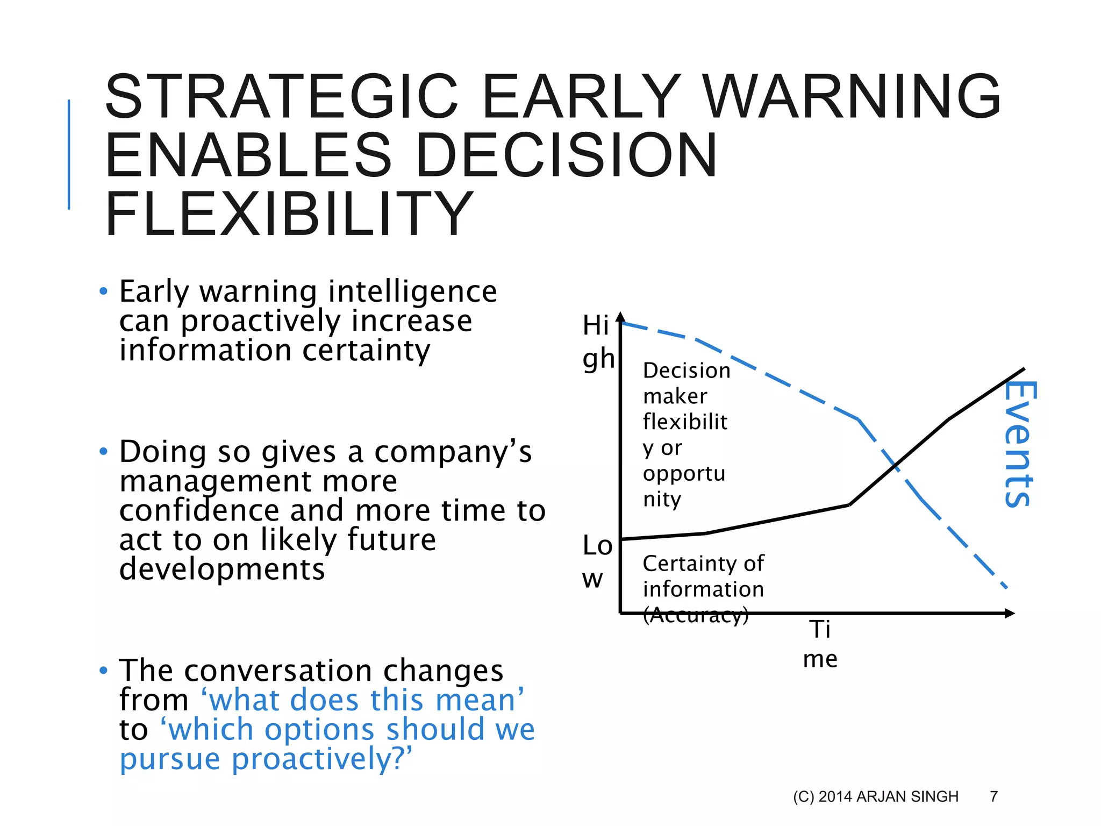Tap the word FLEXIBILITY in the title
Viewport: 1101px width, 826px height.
pyautogui.click(x=289, y=214)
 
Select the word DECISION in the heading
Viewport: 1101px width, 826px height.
pyautogui.click(x=566, y=155)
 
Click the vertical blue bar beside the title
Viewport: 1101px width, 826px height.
pyautogui.click(x=69, y=154)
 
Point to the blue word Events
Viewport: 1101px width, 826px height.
pyautogui.click(x=1020, y=443)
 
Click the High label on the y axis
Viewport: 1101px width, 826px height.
pyautogui.click(x=597, y=342)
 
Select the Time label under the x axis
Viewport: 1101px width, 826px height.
pyautogui.click(x=820, y=644)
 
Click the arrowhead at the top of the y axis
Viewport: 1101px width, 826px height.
pyautogui.click(x=620, y=317)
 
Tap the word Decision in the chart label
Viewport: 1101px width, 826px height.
pyautogui.click(x=687, y=371)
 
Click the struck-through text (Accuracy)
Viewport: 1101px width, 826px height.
pyautogui.click(x=696, y=615)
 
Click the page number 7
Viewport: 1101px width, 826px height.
pyautogui.click(x=993, y=796)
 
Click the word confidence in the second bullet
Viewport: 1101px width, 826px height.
pyautogui.click(x=199, y=510)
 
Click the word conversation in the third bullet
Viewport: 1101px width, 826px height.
pyautogui.click(x=277, y=671)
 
